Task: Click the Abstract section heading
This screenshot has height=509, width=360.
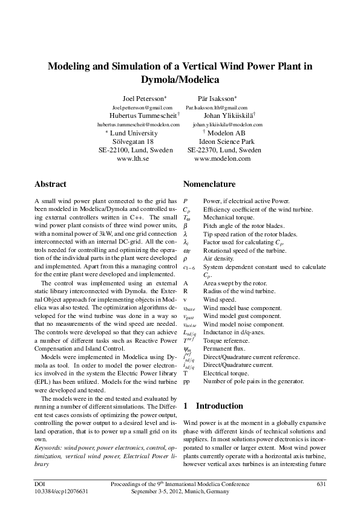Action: (50, 184)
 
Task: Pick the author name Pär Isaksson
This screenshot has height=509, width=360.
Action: (217, 97)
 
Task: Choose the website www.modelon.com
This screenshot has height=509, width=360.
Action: (222, 158)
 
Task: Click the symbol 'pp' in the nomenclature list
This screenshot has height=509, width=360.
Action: (186, 381)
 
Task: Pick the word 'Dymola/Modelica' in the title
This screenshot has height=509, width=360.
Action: (180, 79)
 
